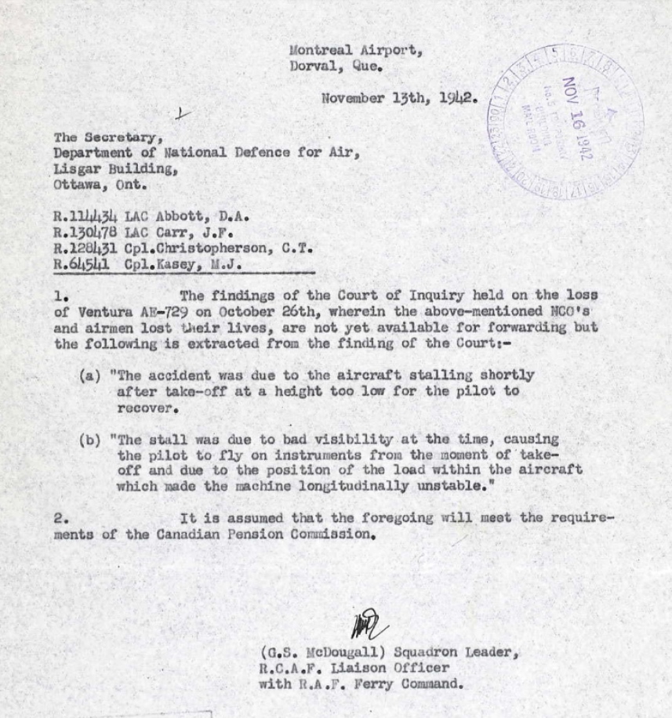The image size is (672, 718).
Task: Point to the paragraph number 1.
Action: click(61, 296)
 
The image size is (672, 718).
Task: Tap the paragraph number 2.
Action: click(61, 518)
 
